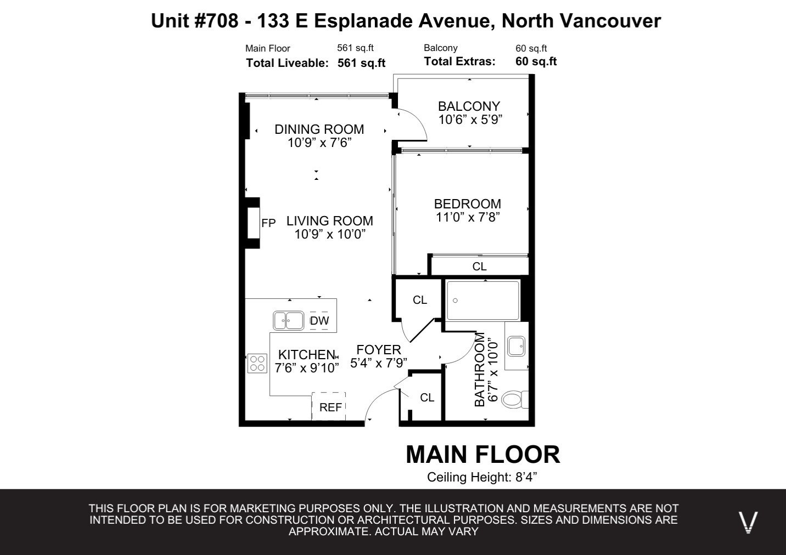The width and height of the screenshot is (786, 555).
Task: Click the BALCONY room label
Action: pos(469,106)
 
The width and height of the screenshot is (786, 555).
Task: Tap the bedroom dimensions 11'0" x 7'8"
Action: pos(468,217)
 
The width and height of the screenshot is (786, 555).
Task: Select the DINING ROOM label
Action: pos(319,129)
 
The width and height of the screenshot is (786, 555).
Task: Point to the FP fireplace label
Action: pos(268,223)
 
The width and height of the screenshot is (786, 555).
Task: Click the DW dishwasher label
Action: pos(319,320)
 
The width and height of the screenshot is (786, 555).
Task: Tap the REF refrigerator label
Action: pos(330,407)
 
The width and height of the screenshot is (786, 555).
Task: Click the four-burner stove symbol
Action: pos(257,363)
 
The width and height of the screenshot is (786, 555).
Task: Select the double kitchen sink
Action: pos(288,320)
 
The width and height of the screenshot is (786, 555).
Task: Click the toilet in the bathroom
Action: pos(515,399)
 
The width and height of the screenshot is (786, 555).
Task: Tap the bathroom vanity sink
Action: pos(516,346)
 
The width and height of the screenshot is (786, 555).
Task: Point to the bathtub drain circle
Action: pos(455,301)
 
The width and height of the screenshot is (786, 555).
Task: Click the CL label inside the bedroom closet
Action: pos(479,267)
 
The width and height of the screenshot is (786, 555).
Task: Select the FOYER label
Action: pos(379,350)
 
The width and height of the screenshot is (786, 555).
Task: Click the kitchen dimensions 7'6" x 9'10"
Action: pos(306,368)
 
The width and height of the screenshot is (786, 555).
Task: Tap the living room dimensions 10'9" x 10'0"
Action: pos(330,234)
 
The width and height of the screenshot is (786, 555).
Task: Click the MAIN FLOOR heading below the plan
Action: pos(483,455)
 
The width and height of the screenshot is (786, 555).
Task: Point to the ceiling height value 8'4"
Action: pos(526,477)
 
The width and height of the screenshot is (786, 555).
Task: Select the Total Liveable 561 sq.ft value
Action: pos(361,63)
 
